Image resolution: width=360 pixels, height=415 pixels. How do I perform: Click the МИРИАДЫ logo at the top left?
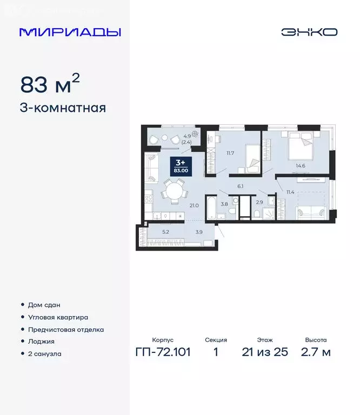70,32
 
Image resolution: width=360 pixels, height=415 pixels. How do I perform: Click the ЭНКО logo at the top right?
309,32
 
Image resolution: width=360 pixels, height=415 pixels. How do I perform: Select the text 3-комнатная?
63,108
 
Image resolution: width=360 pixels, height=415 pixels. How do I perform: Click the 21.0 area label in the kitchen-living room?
194,205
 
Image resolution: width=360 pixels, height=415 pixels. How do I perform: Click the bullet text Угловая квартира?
58,317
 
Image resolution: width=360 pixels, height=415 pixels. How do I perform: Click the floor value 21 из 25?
265,352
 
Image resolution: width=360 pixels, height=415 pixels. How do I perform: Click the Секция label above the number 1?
216,340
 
